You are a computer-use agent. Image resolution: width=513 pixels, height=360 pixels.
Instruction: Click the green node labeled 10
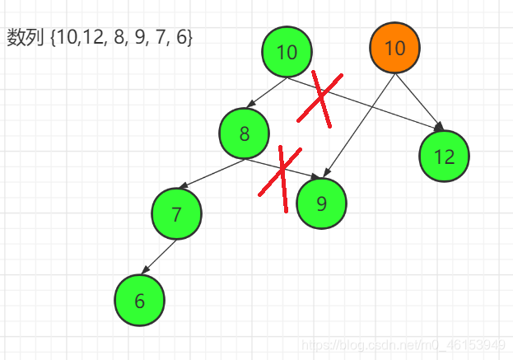pyautogui.click(x=287, y=53)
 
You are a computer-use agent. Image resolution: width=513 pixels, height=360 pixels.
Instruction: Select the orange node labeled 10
pyautogui.click(x=394, y=48)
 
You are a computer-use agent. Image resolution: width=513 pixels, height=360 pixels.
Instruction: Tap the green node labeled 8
pyautogui.click(x=245, y=133)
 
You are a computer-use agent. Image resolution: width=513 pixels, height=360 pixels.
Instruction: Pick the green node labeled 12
pyautogui.click(x=444, y=157)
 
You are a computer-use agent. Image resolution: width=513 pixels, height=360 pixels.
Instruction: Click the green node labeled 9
pyautogui.click(x=321, y=201)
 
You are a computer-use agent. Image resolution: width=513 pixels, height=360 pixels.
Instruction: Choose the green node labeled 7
pyautogui.click(x=176, y=214)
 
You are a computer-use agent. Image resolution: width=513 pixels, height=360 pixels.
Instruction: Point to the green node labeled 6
pyautogui.click(x=139, y=301)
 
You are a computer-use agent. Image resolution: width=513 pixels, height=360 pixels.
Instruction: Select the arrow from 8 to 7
pyautogui.click(x=211, y=174)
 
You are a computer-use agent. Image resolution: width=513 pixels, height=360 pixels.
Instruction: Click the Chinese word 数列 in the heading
pyautogui.click(x=25, y=38)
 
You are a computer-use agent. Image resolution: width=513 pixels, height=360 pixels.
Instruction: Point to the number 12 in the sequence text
pyautogui.click(x=88, y=38)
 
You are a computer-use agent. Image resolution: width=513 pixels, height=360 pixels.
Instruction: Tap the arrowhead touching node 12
pyautogui.click(x=440, y=127)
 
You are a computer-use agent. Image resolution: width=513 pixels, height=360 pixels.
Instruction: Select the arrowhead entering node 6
pyautogui.click(x=145, y=272)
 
